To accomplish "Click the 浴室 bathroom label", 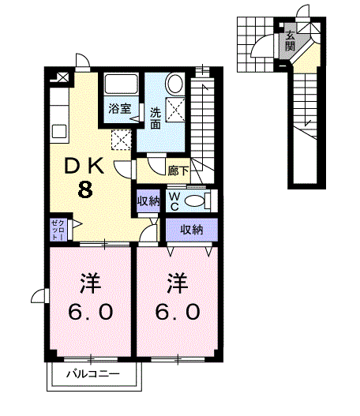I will click(x=119, y=109).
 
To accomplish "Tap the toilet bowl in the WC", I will click(x=197, y=199).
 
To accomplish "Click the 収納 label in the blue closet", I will click(x=192, y=230).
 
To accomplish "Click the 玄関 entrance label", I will click(x=291, y=41).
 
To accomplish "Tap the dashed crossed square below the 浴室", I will click(x=121, y=140).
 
